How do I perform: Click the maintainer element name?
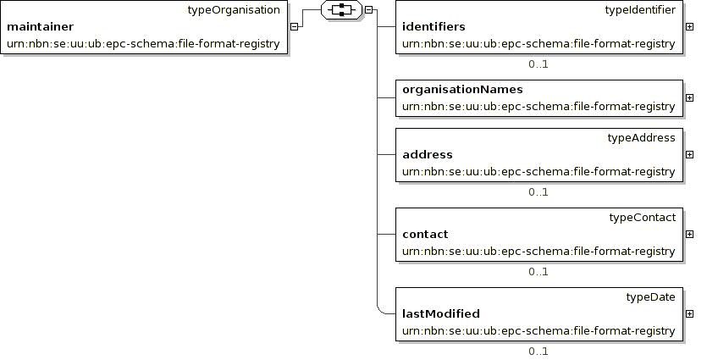(x=41, y=26)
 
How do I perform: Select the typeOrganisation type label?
(x=234, y=10)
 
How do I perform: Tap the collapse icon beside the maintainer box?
(x=295, y=26)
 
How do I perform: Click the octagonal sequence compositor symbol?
(x=341, y=9)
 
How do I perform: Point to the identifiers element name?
(x=434, y=26)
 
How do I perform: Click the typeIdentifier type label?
(x=640, y=10)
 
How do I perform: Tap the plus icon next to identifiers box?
(x=689, y=26)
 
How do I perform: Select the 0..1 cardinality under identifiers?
(x=538, y=64)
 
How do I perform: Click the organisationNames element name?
(x=462, y=89)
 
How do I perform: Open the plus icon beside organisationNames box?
(x=689, y=97)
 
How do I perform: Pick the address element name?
(x=428, y=154)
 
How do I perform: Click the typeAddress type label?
(x=642, y=138)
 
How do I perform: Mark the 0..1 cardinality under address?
(x=538, y=192)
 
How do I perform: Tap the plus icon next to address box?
(x=689, y=154)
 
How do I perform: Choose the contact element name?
(x=425, y=234)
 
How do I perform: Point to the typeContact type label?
(x=643, y=218)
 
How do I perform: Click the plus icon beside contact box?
(x=689, y=234)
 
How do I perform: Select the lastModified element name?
(x=441, y=313)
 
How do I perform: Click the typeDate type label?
(x=650, y=297)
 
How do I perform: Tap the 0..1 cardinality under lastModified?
(x=538, y=352)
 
